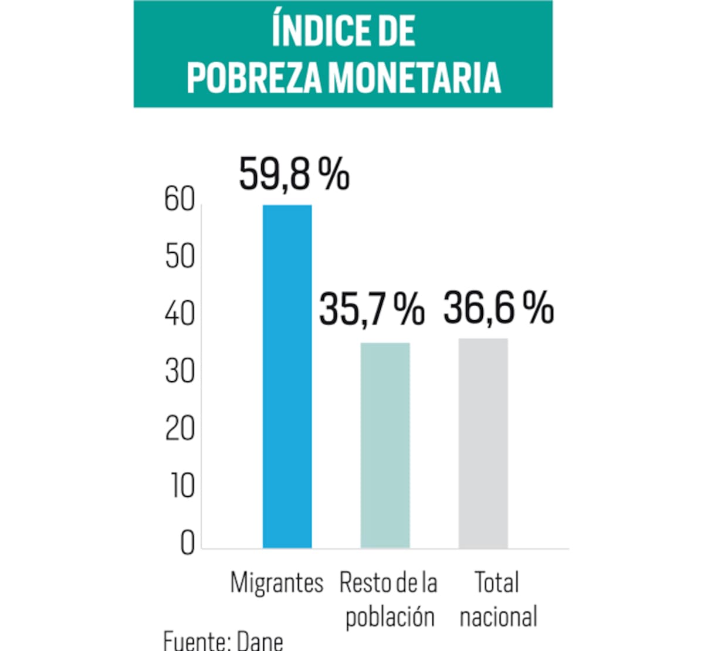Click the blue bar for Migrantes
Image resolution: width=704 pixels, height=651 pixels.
287,377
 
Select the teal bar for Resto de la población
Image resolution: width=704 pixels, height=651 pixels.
385,446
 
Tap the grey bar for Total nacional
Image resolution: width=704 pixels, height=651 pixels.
483,443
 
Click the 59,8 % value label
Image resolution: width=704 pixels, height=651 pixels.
294,174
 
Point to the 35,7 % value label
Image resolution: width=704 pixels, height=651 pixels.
371,309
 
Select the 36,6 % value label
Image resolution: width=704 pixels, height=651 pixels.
498,307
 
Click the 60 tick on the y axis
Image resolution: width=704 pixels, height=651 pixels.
180,200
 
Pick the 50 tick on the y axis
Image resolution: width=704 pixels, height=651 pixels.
180,257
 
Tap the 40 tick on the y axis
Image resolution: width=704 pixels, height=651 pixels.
180,314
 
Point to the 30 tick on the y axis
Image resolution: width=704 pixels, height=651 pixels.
180,371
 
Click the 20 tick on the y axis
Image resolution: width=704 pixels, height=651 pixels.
180,429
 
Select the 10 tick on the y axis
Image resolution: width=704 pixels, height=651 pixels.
182,486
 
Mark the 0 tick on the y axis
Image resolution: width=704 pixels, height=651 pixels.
187,542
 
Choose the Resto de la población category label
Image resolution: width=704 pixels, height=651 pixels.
388,599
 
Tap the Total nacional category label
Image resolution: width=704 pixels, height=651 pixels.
498,599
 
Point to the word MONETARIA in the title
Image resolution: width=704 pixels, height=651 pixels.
414,77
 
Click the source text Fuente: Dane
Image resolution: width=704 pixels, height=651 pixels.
223,640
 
